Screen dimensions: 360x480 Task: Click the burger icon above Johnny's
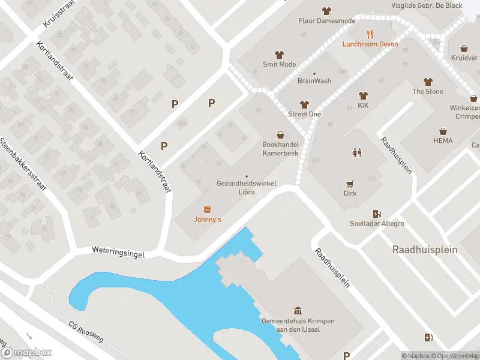(x=208, y=209)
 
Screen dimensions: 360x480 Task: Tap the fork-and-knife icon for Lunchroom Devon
(x=370, y=34)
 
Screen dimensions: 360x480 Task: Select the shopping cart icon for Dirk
(x=350, y=184)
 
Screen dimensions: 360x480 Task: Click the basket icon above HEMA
(x=443, y=131)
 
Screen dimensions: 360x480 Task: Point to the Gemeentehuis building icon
(x=298, y=311)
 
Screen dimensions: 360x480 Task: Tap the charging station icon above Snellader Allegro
(x=377, y=214)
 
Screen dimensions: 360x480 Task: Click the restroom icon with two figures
(x=358, y=152)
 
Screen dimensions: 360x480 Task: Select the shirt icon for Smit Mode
(x=279, y=55)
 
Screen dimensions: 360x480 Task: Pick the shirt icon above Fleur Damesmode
(x=326, y=11)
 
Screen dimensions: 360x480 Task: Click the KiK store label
(x=362, y=106)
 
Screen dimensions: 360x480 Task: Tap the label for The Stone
(x=427, y=91)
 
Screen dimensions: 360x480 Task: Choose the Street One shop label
(x=304, y=114)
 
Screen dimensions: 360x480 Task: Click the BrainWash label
(x=314, y=80)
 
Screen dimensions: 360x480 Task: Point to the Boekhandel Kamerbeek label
(x=280, y=149)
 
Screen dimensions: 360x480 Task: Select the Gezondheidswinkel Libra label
(x=246, y=188)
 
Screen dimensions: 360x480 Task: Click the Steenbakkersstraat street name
(x=24, y=168)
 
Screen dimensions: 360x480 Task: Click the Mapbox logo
(x=26, y=353)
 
